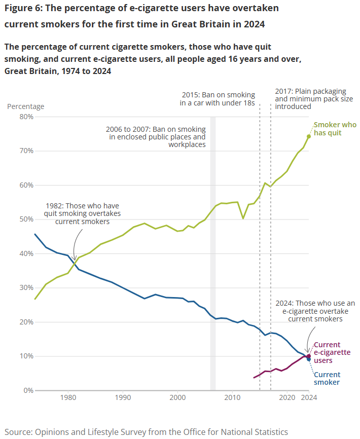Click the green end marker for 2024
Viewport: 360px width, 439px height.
click(x=309, y=136)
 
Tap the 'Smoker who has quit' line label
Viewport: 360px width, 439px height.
click(x=334, y=129)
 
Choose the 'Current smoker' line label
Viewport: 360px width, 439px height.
click(x=327, y=379)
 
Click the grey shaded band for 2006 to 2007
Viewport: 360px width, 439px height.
click(x=213, y=253)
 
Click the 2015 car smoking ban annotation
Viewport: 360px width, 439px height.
click(x=217, y=99)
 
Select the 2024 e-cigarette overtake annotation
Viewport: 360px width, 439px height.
click(x=315, y=311)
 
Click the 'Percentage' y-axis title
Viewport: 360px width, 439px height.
click(x=25, y=106)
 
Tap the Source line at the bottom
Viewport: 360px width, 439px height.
click(x=146, y=432)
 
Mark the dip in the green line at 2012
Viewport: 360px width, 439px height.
click(x=243, y=218)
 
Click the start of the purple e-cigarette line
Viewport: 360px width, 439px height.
click(x=254, y=377)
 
